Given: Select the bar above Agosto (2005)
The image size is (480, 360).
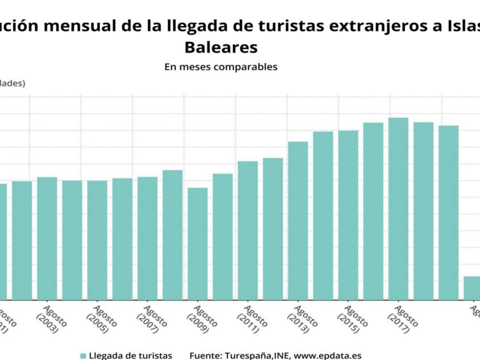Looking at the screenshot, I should (x=97, y=240).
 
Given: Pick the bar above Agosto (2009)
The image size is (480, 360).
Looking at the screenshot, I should (x=198, y=244).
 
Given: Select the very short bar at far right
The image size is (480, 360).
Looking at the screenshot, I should (x=472, y=288).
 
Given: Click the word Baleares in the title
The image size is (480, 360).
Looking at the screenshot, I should (x=221, y=48).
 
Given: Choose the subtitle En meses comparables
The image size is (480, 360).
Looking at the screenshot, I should (x=221, y=67).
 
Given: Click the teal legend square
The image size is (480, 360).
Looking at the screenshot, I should (x=83, y=356).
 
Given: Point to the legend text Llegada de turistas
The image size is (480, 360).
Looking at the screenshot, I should (x=131, y=355).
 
